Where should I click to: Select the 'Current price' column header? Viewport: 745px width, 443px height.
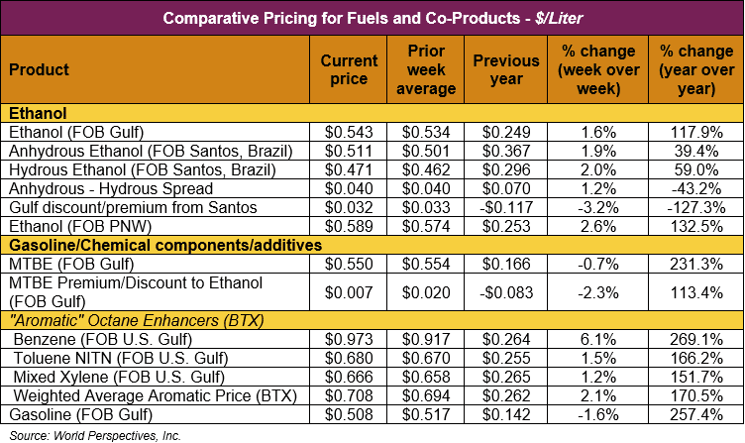point(349,69)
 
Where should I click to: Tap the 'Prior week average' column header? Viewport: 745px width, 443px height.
point(431,69)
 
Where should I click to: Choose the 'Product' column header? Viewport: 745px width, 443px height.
point(40,69)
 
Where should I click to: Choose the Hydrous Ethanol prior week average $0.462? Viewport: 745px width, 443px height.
point(431,170)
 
